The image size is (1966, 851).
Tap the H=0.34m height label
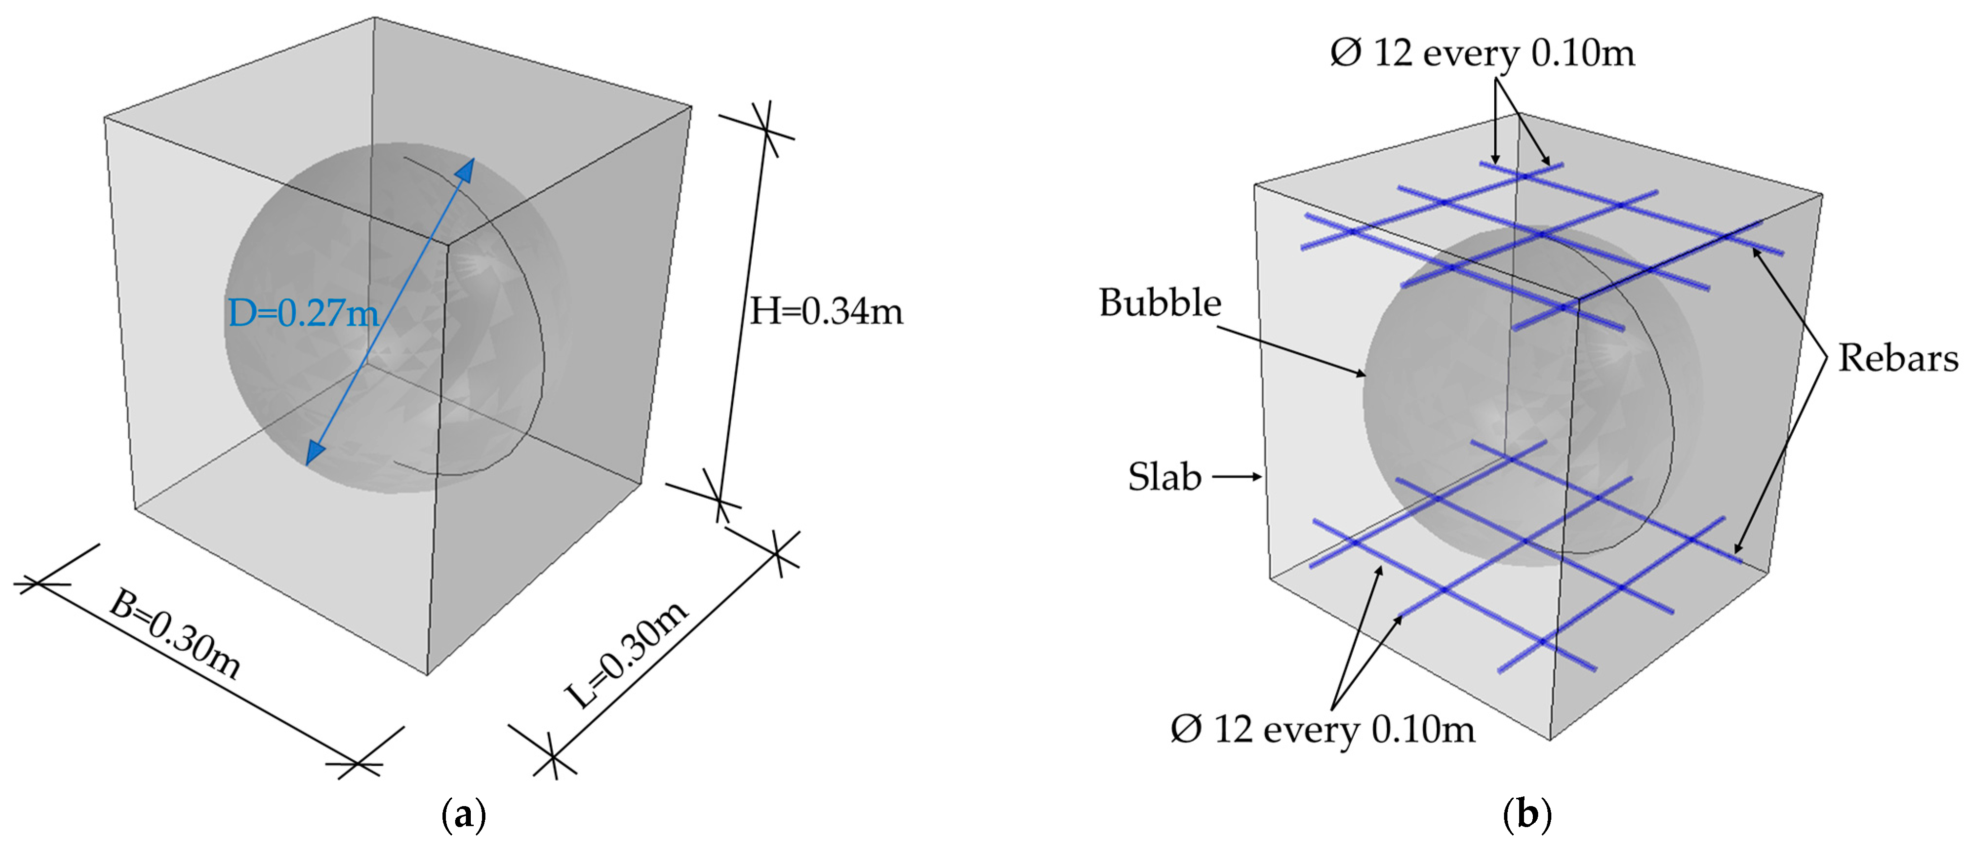pos(826,311)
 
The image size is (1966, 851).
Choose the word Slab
pos(1164,477)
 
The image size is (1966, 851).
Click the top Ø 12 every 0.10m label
pos(1482,53)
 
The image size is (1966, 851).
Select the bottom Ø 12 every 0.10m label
pos(1322,729)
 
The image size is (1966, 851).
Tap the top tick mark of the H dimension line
pos(766,130)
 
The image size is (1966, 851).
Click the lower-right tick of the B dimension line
pos(359,763)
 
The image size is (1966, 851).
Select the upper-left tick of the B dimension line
pos(37,584)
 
